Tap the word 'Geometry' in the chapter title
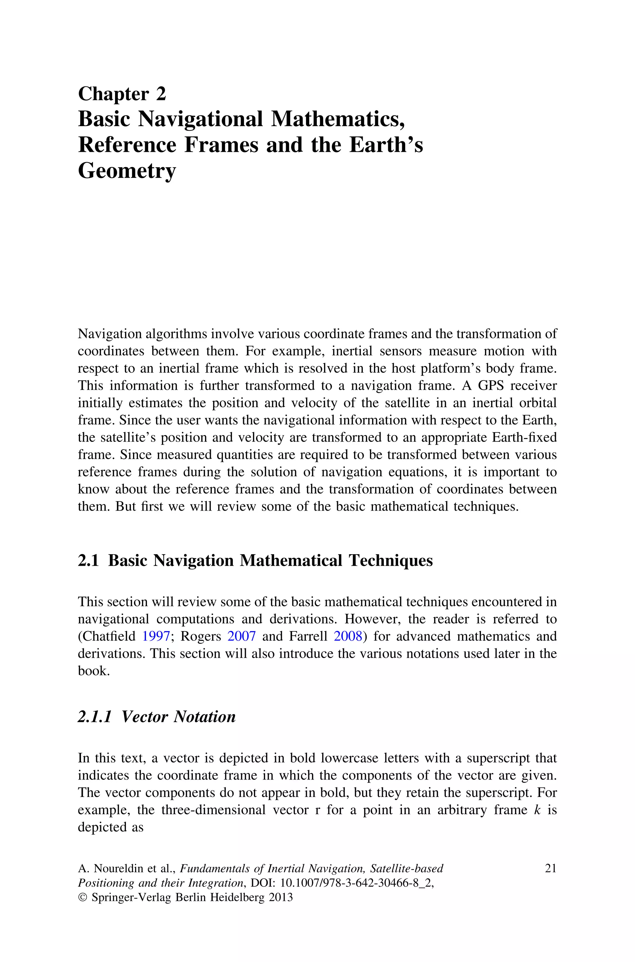(127, 171)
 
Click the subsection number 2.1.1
(94, 716)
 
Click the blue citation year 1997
(156, 636)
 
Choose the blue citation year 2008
(348, 636)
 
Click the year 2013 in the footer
(280, 897)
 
